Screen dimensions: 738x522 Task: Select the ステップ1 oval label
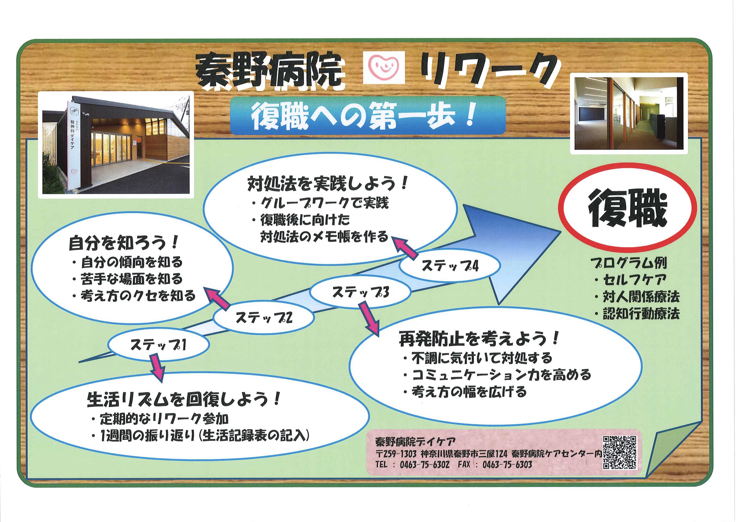[158, 345]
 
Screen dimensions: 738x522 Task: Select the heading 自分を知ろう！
[123, 244]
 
